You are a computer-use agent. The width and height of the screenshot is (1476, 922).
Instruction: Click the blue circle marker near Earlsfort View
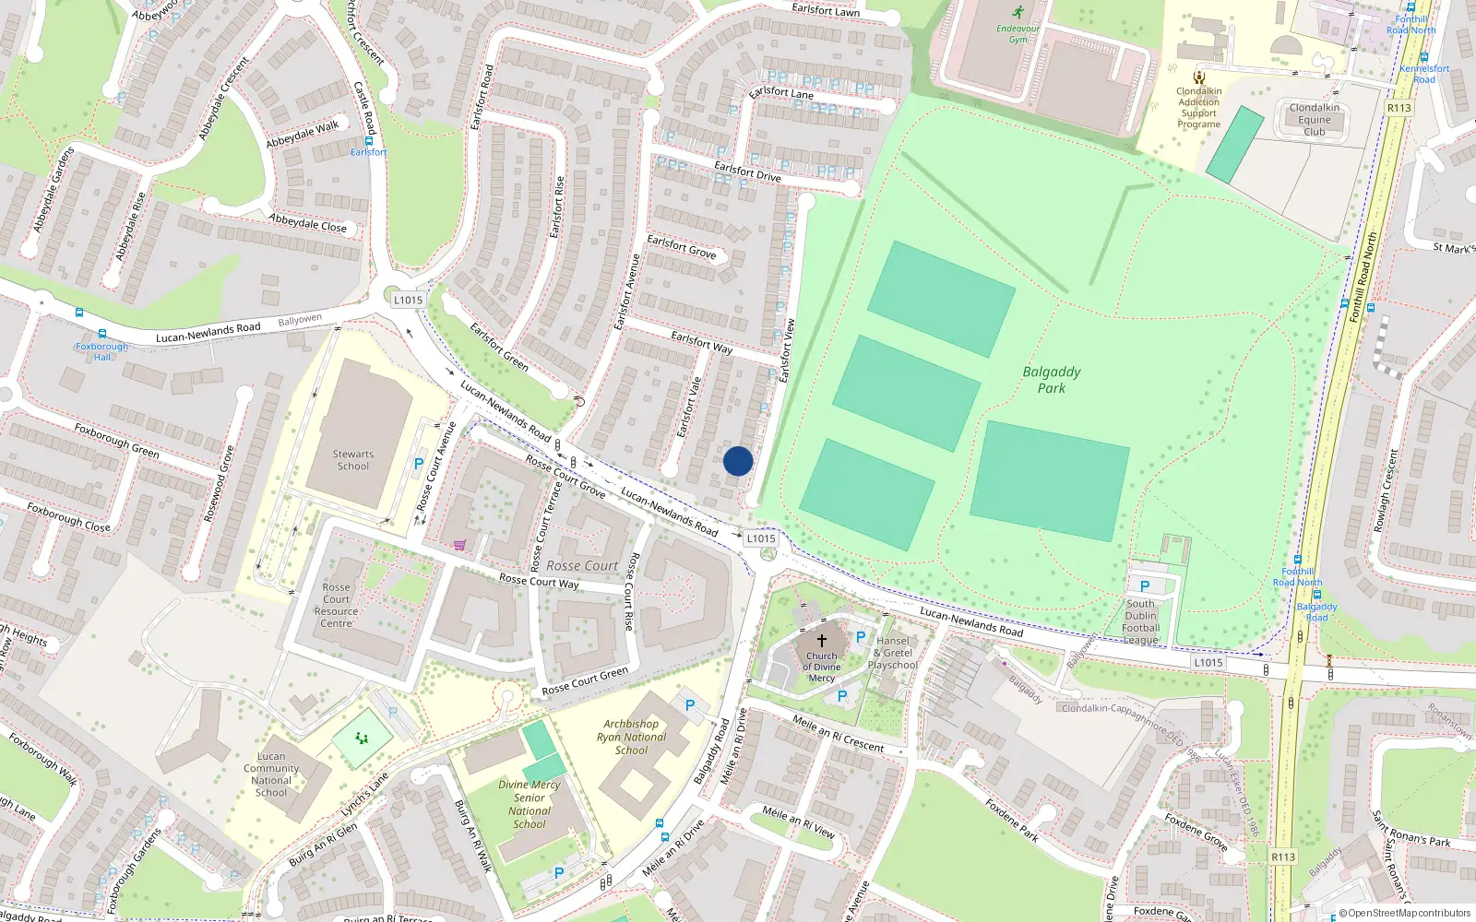(x=738, y=461)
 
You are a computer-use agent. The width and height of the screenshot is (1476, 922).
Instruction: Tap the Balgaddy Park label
(x=1051, y=380)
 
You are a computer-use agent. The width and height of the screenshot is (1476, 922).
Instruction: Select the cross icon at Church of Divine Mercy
(x=821, y=640)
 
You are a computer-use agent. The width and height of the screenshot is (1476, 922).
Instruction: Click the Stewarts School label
(x=352, y=460)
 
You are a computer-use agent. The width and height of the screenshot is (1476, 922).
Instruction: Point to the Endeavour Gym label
(x=1018, y=34)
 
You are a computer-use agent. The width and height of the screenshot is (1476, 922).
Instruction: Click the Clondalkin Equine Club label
(x=1314, y=120)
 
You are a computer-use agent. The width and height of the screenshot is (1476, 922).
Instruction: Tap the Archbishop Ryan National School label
(x=631, y=737)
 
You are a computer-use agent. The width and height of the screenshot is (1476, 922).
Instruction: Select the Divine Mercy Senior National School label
(x=530, y=804)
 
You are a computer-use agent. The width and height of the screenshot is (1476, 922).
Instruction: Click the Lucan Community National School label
(x=271, y=774)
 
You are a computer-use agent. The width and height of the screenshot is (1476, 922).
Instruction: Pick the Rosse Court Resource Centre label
(x=336, y=605)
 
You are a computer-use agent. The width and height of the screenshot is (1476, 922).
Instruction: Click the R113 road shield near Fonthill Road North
(x=1399, y=108)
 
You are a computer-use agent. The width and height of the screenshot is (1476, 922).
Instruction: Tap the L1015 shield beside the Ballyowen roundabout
(x=408, y=300)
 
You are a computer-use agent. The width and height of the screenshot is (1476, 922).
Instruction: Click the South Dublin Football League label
(x=1140, y=622)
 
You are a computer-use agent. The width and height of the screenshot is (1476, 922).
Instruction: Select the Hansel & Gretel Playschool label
(x=892, y=653)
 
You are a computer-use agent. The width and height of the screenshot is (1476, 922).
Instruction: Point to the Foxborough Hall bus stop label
(x=101, y=351)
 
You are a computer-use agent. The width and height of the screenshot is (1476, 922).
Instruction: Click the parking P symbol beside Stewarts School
(x=419, y=464)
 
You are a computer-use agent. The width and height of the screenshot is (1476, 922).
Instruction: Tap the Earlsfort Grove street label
(x=681, y=246)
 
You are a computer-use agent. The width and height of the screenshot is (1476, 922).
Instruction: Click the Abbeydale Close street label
(x=307, y=222)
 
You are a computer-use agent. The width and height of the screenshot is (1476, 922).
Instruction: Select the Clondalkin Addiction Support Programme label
(x=1198, y=108)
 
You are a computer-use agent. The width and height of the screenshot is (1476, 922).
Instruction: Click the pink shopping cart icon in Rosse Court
(x=459, y=545)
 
